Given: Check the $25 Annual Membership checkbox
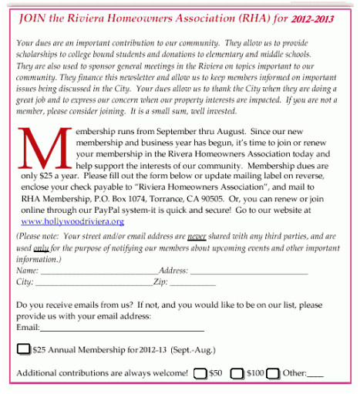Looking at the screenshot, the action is pyautogui.click(x=24, y=350).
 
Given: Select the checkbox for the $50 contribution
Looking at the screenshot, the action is pyautogui.click(x=200, y=373).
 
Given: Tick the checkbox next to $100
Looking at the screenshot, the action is pyautogui.click(x=238, y=373).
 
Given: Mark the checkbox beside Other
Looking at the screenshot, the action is pyautogui.click(x=273, y=373).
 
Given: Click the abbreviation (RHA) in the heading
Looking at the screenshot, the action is pyautogui.click(x=251, y=17).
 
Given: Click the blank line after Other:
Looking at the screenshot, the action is pyautogui.click(x=315, y=375).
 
